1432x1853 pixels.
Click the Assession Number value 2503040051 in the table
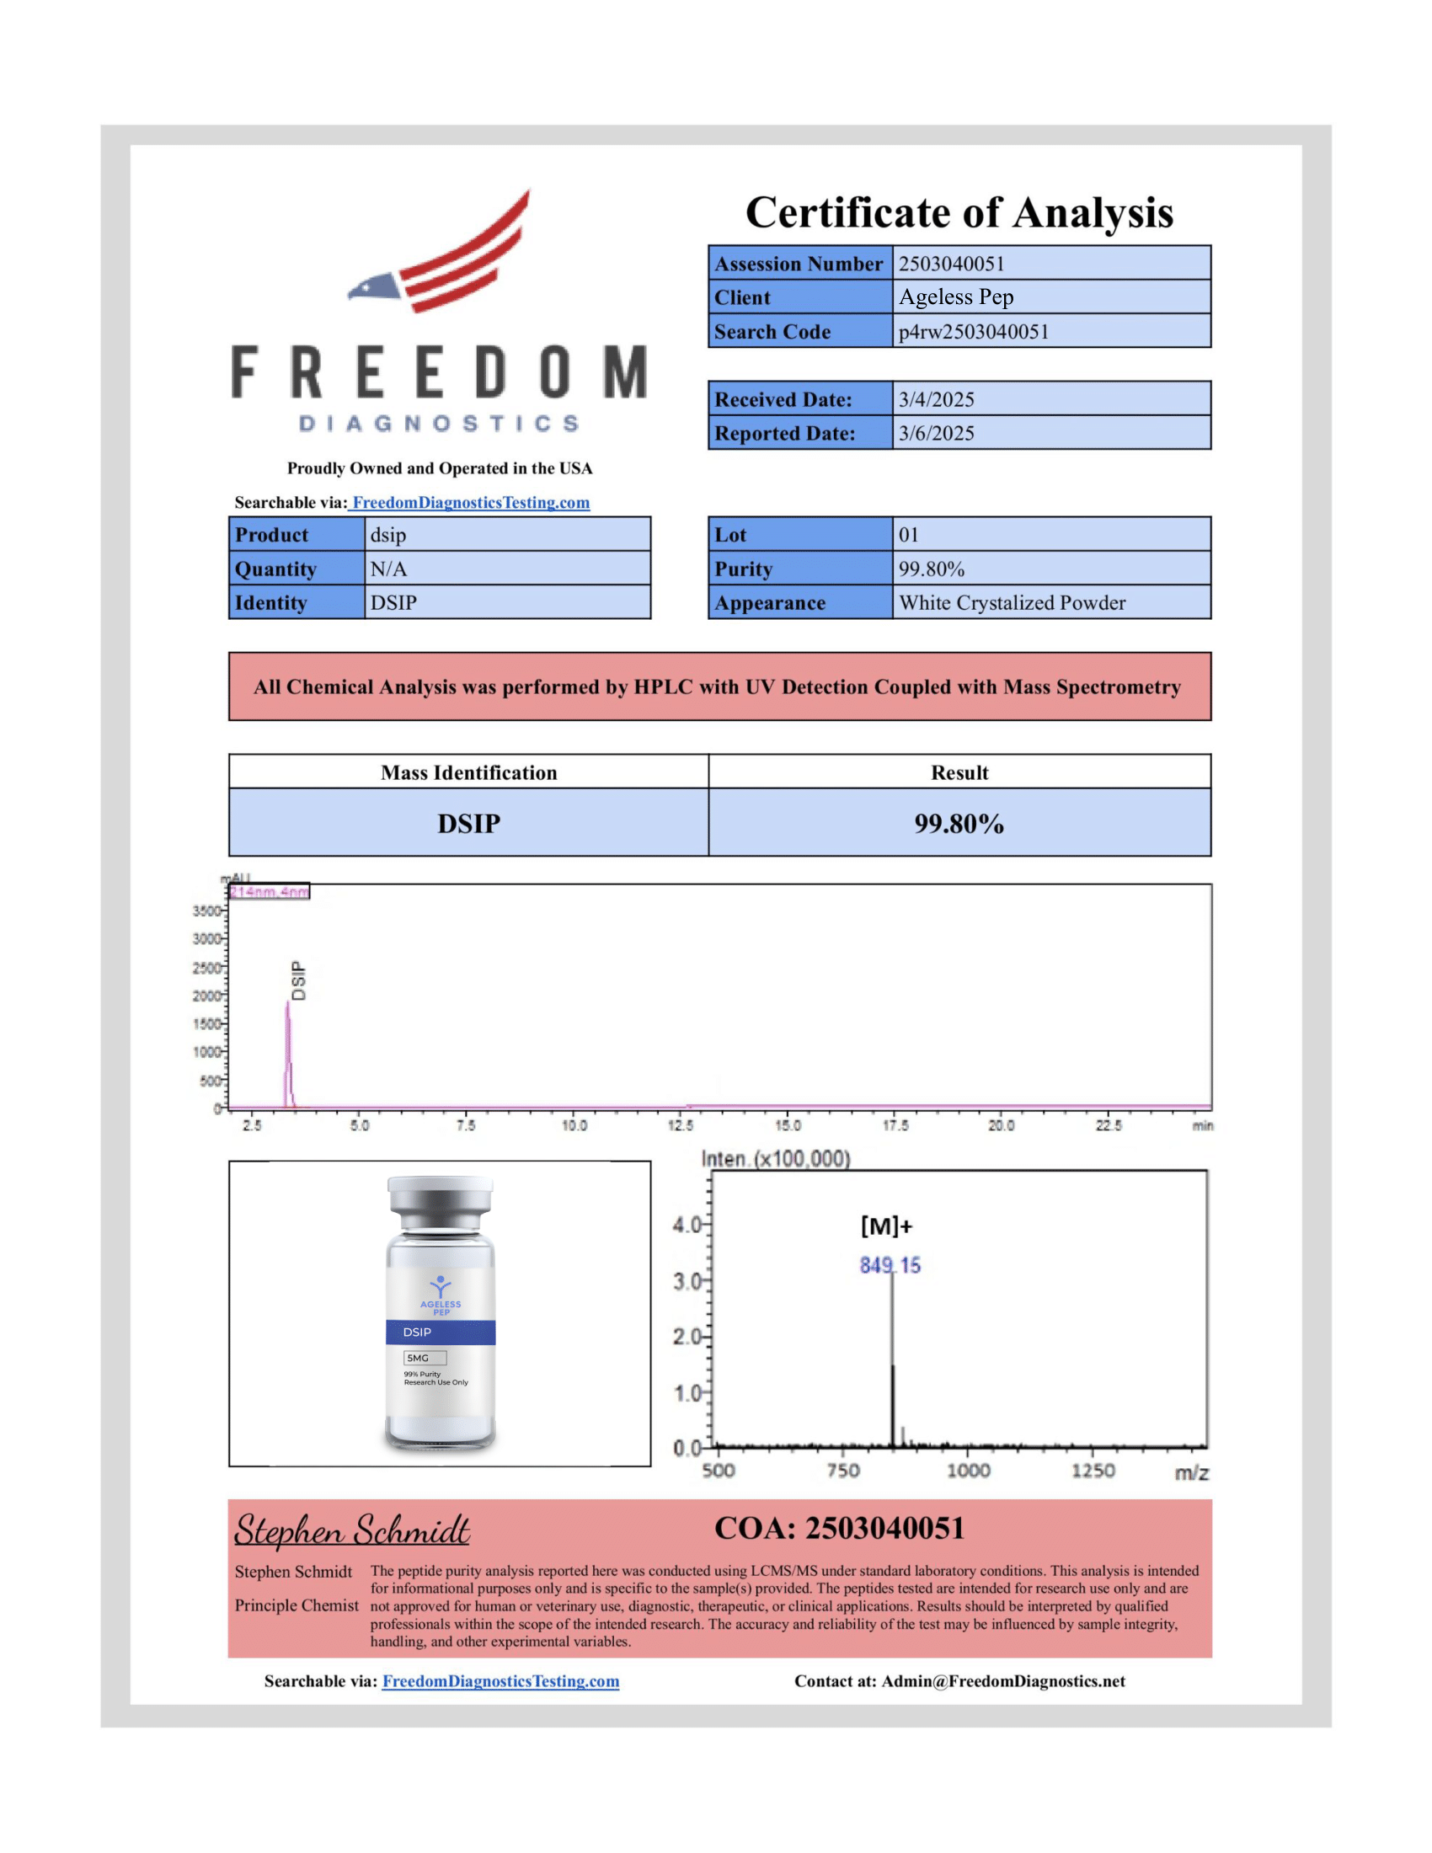tap(951, 264)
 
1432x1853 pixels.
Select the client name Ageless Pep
tap(956, 297)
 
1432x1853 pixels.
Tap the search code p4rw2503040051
tap(973, 331)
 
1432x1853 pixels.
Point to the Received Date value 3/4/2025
tap(936, 398)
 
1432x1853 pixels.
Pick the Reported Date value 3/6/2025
tap(936, 433)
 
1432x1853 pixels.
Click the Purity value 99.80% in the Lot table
tap(931, 569)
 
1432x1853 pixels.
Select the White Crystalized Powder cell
tap(1011, 602)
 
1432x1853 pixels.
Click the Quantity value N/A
tap(387, 569)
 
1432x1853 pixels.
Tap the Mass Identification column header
tap(468, 772)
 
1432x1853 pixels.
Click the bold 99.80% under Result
tap(959, 823)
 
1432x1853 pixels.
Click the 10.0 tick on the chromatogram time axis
tap(574, 1125)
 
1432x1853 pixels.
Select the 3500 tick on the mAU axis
tap(206, 910)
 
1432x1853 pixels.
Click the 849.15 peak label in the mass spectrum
tap(889, 1266)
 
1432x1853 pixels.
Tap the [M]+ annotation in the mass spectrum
tap(885, 1226)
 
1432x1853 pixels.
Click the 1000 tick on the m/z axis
tap(968, 1471)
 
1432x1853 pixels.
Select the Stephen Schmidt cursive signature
tap(351, 1530)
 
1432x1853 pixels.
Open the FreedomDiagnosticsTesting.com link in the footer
tap(500, 1681)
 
